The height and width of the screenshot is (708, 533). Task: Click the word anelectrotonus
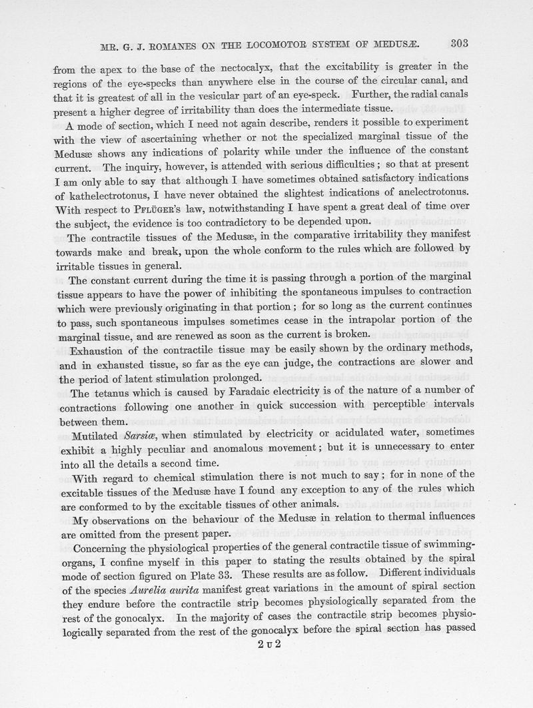click(429, 194)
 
